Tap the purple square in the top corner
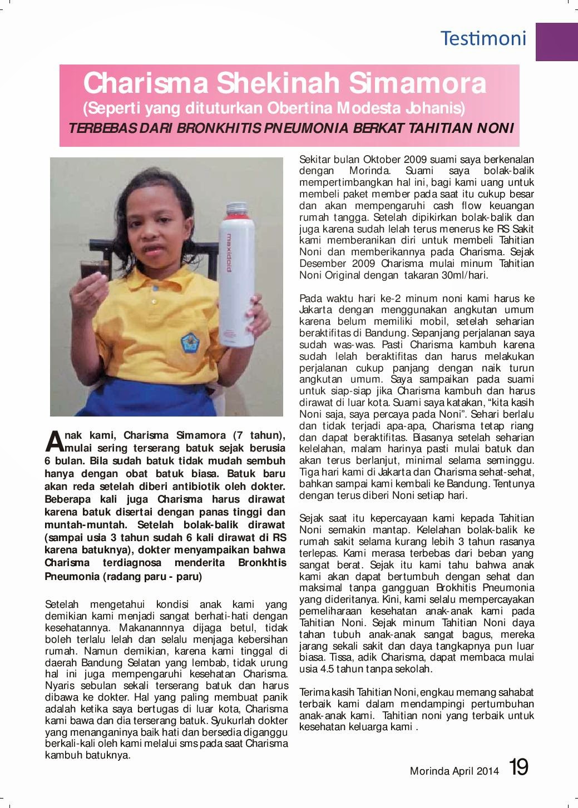point(556,41)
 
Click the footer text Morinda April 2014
point(453,771)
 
